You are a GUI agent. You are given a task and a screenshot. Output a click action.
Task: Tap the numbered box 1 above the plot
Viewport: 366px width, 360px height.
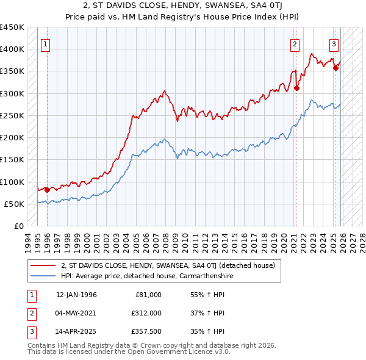click(46, 44)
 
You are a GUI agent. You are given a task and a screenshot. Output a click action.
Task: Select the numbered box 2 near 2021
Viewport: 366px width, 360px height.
click(295, 44)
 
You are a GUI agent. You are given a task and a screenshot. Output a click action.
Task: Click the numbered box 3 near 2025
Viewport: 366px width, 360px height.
click(334, 44)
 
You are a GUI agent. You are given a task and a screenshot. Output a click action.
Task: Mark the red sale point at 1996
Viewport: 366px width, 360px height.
click(48, 190)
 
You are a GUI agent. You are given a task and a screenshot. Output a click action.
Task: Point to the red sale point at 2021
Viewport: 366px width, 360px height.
click(296, 88)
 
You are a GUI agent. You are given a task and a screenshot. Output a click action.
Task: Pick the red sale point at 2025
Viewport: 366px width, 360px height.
click(335, 68)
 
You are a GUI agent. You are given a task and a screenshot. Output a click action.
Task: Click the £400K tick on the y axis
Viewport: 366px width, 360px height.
click(12, 49)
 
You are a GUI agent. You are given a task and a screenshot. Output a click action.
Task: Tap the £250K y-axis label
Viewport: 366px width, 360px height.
click(12, 115)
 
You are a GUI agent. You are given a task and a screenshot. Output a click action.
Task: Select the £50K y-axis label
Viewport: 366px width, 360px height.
click(15, 204)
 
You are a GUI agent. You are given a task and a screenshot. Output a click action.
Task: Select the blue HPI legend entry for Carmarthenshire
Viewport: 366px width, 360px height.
click(146, 276)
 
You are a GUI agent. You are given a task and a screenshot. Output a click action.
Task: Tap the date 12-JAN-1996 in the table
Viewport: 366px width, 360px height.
click(76, 295)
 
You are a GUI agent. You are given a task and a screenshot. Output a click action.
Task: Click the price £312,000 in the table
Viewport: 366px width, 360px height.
click(146, 312)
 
